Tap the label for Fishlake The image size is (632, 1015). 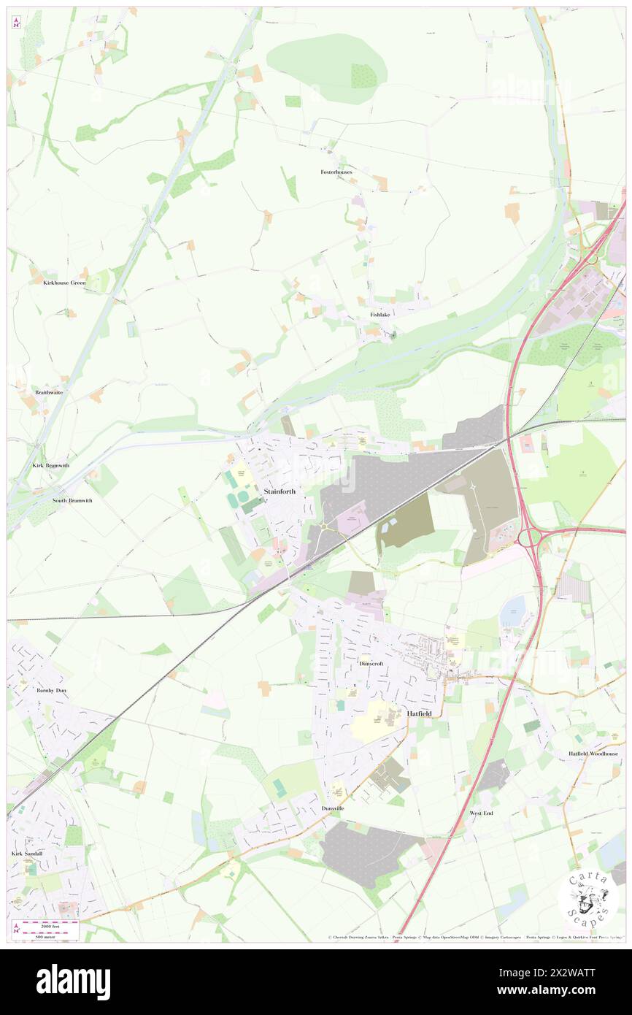(380, 314)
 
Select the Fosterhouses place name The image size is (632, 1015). (336, 172)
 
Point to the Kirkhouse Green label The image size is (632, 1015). (64, 283)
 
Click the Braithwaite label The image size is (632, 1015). (49, 392)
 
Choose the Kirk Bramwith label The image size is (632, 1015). (50, 465)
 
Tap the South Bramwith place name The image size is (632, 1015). (72, 501)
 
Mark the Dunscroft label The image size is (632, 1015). (371, 664)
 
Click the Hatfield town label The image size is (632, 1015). (420, 713)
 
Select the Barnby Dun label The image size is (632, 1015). (52, 689)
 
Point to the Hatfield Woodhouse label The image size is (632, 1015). (593, 754)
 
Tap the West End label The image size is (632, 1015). (482, 813)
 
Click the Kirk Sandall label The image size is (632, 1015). (28, 853)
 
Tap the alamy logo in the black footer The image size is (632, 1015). (73, 982)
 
